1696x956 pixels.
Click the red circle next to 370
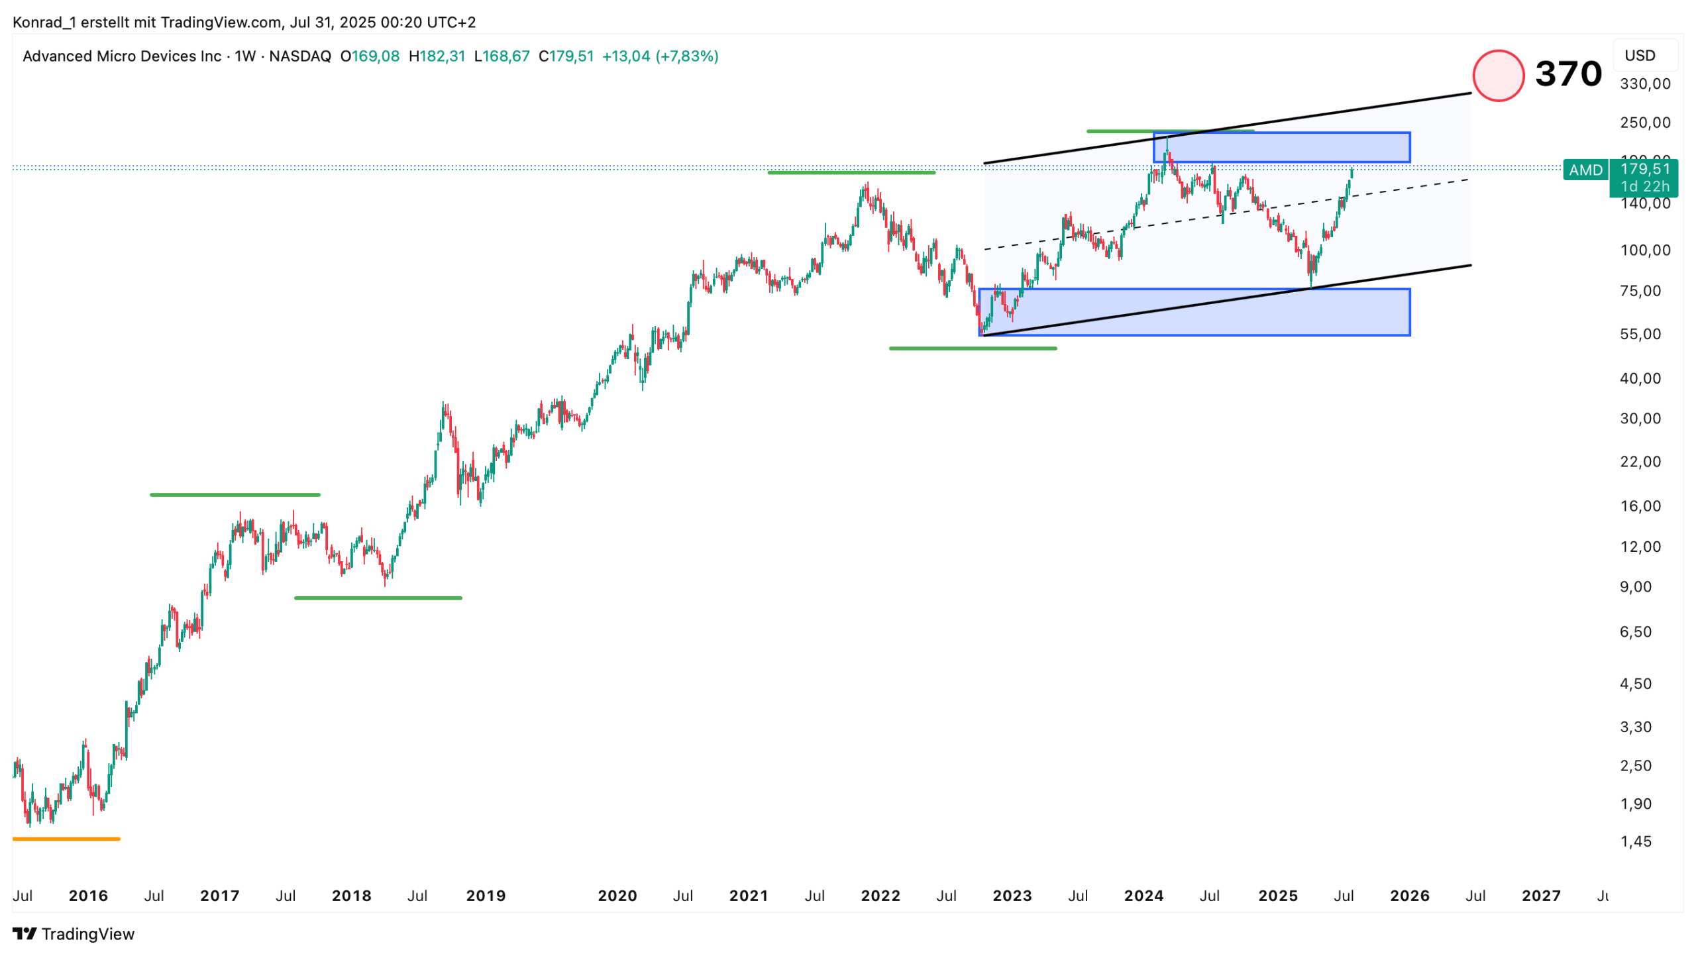coord(1498,76)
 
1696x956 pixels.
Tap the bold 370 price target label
coord(1568,74)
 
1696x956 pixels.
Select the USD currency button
coord(1640,56)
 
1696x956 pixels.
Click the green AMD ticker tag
coord(1585,170)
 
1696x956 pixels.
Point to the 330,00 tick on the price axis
coord(1645,84)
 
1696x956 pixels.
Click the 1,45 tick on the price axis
coord(1636,842)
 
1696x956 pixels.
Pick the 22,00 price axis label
coord(1640,462)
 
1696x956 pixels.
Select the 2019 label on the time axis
coord(486,896)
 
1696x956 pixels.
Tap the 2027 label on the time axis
coord(1541,896)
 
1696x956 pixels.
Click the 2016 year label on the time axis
coord(88,896)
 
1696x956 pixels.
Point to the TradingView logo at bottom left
coord(74,934)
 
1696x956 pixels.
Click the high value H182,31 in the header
coord(437,56)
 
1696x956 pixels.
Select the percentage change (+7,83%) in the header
coord(687,56)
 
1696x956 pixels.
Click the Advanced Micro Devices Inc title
coord(122,56)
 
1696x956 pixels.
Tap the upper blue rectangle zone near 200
coord(1281,147)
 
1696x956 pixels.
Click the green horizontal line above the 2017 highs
coord(235,495)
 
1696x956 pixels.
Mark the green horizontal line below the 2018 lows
coord(378,598)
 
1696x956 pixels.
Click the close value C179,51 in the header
coord(566,56)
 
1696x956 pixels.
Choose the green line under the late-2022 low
coord(973,348)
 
